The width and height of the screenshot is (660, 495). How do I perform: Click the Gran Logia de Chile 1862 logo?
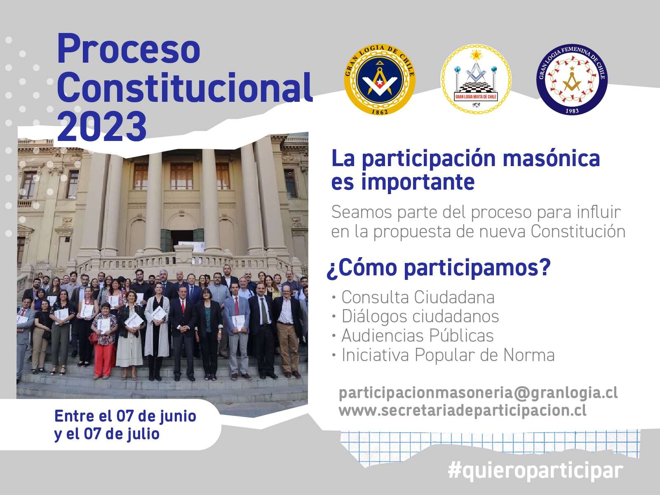coord(380,80)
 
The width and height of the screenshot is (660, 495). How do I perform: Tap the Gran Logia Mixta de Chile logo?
coord(476,80)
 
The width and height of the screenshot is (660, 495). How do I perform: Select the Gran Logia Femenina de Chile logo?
coord(572,80)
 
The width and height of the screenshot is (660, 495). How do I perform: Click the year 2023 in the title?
coord(102,126)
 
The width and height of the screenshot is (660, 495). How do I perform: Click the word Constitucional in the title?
coord(185,87)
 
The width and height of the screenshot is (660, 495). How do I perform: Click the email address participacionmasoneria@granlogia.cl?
coord(478,393)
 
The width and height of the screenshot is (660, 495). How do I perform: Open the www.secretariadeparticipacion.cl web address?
coord(463,411)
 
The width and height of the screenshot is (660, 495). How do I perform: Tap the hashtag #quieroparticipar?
coord(536,471)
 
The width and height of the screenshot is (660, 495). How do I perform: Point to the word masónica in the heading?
coord(552,158)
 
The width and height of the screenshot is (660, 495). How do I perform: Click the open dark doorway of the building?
coord(183,240)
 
